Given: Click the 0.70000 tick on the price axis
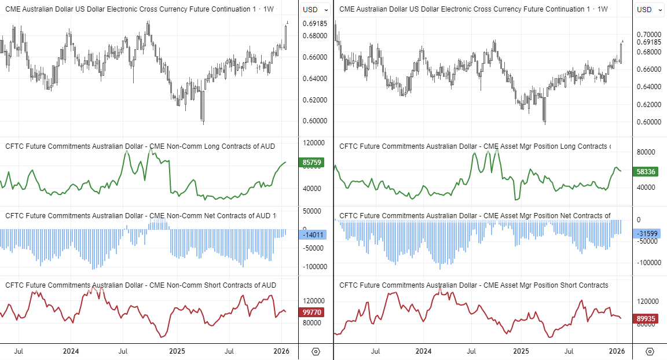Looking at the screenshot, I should point(648,35).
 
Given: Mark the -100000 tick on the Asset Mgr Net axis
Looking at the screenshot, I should point(647,262).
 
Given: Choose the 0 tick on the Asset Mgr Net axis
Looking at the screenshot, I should point(639,220).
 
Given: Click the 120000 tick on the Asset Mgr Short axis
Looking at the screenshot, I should point(647,302).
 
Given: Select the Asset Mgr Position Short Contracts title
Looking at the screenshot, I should point(474,285).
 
